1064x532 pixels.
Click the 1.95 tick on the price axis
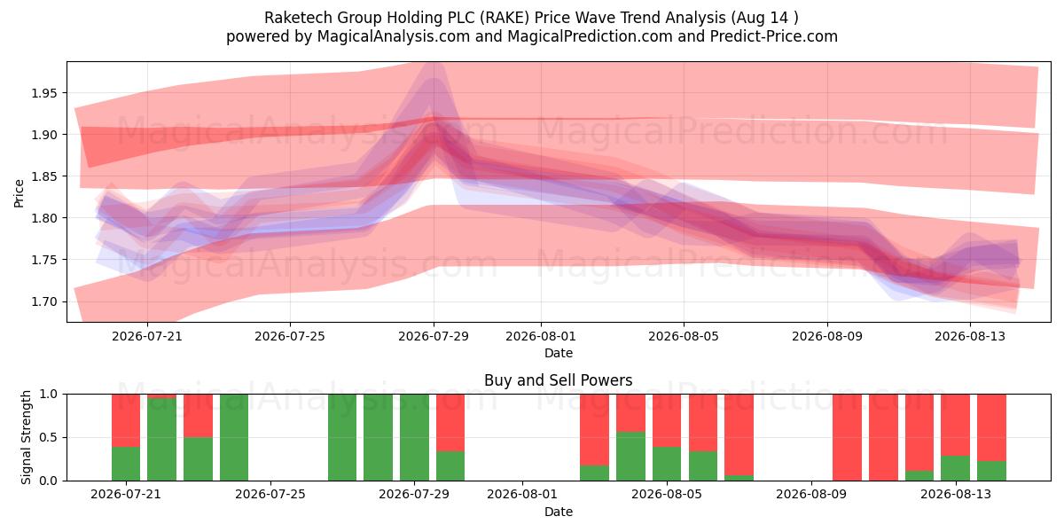[x=43, y=93]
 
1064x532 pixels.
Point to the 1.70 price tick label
[x=43, y=301]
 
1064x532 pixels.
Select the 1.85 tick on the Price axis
[x=43, y=176]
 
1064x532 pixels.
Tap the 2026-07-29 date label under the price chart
[x=434, y=336]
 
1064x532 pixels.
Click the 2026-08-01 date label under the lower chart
[x=522, y=494]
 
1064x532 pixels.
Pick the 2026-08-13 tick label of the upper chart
[x=970, y=336]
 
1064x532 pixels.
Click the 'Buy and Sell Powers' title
[x=558, y=380]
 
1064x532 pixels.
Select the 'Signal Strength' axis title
[x=26, y=437]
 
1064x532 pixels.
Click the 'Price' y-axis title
[x=19, y=193]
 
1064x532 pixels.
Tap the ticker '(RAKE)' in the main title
[x=504, y=18]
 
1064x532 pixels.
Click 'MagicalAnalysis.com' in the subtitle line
[x=394, y=36]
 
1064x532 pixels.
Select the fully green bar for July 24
[x=234, y=437]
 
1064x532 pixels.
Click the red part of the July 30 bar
[x=450, y=422]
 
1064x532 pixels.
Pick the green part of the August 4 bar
[x=630, y=456]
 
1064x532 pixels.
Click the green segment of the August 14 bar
[x=992, y=471]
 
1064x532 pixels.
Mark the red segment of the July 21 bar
[x=126, y=420]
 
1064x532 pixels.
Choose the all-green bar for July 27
[x=342, y=437]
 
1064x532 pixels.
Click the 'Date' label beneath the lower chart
[x=558, y=512]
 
